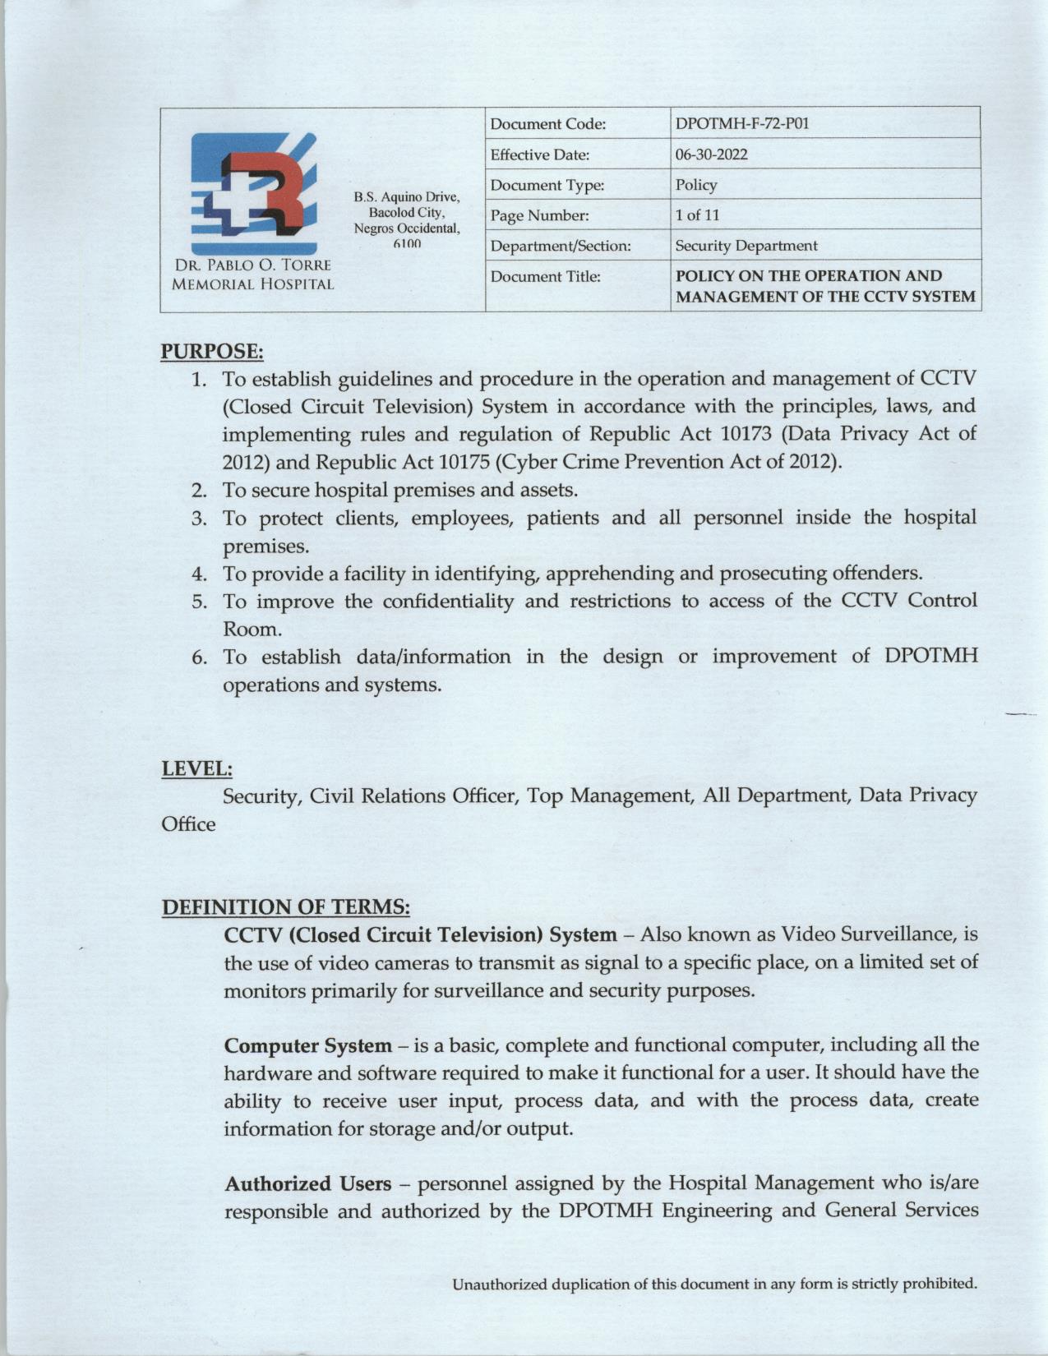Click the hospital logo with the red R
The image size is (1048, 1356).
click(x=253, y=194)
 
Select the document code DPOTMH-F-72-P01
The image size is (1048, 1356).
click(x=741, y=124)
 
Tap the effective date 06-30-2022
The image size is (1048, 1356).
click(x=711, y=155)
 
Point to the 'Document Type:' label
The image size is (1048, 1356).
click(x=547, y=186)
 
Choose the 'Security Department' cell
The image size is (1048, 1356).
click(x=746, y=246)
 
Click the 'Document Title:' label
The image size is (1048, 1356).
click(x=545, y=277)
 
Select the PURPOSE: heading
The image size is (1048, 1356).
click(x=211, y=352)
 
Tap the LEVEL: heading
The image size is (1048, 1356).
click(x=197, y=769)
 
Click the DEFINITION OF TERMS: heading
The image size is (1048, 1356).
click(x=285, y=907)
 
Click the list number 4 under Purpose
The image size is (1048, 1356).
click(x=199, y=574)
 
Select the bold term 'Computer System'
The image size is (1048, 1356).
click(x=308, y=1046)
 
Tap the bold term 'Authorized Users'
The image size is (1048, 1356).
click(x=308, y=1184)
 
